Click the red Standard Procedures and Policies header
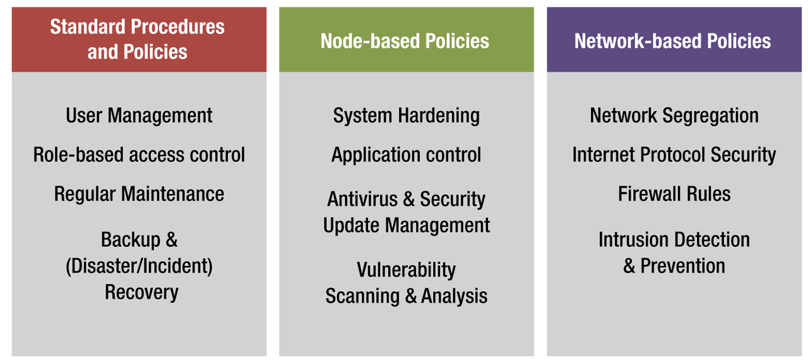(138, 39)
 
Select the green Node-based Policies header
(405, 41)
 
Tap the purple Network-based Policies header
(672, 41)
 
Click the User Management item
(139, 116)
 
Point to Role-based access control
(139, 155)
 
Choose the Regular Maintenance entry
(139, 194)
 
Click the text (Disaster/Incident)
(139, 266)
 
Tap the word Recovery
(141, 292)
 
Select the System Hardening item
(406, 116)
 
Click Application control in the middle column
(406, 155)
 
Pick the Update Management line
(406, 225)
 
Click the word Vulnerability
(406, 270)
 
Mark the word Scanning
(363, 296)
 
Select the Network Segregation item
(674, 116)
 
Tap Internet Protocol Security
(674, 155)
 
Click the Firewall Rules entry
(674, 194)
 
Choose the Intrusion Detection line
(674, 240)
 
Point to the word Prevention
(682, 266)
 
